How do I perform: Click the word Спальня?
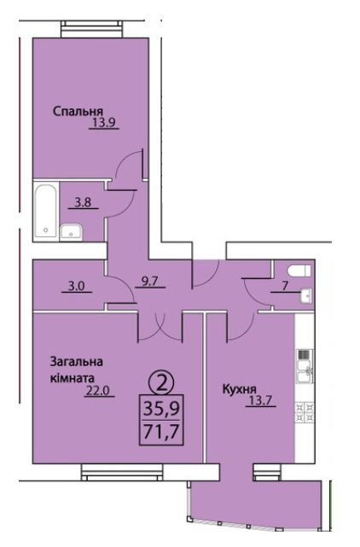click(x=78, y=112)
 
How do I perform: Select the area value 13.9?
click(x=104, y=123)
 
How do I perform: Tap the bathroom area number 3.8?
click(x=83, y=202)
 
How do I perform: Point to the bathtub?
click(x=46, y=211)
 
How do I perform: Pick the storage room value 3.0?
click(x=77, y=287)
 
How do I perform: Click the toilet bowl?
click(x=299, y=270)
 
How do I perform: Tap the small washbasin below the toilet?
click(x=306, y=296)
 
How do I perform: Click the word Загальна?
click(x=77, y=362)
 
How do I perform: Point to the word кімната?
click(x=73, y=378)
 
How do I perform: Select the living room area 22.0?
click(x=96, y=391)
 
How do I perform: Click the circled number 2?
click(x=161, y=384)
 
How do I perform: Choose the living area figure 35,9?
click(x=161, y=409)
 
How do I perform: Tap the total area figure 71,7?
click(x=161, y=433)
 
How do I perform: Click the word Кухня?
click(x=240, y=389)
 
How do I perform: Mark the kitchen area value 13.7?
click(x=260, y=401)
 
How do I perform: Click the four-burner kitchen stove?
click(x=305, y=412)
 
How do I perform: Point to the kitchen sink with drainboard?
click(x=305, y=366)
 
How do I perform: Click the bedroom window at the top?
click(x=92, y=29)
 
